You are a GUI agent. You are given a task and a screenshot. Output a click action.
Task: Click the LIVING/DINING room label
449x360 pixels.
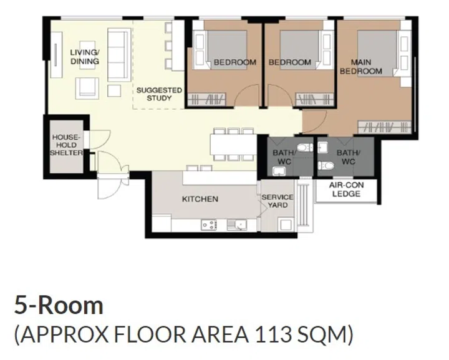(84, 57)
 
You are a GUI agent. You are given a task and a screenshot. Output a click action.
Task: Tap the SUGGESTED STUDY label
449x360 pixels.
(159, 94)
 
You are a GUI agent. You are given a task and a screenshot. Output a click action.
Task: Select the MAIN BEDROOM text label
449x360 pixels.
(365, 67)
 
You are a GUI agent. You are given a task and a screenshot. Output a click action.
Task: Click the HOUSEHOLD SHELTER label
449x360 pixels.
(67, 144)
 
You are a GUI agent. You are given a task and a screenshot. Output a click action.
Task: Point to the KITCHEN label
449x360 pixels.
(200, 199)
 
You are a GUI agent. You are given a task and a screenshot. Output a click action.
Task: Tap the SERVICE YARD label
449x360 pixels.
(277, 201)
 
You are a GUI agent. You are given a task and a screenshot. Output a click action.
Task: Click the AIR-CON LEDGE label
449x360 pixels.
(346, 190)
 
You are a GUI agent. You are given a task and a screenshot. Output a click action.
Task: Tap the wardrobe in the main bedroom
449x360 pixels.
(386, 127)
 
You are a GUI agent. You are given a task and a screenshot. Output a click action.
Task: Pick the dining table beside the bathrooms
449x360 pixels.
(233, 144)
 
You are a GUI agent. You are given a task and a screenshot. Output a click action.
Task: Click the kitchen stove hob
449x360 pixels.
(209, 225)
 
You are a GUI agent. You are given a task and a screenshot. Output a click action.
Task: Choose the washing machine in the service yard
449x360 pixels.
(286, 223)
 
